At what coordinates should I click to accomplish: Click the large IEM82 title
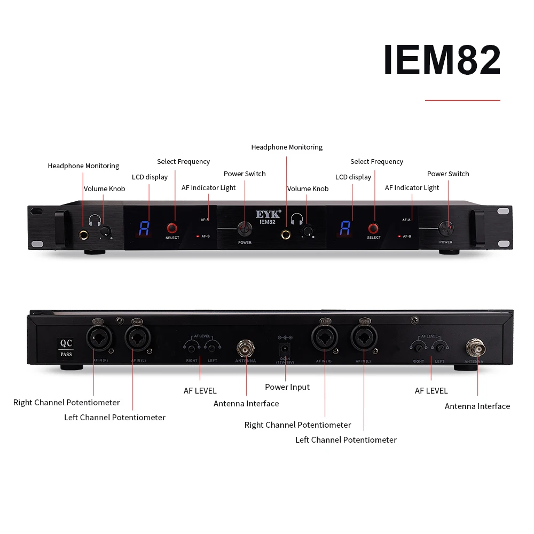(x=442, y=60)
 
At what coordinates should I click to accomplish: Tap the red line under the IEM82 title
(x=462, y=100)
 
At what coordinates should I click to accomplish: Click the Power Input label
(x=287, y=387)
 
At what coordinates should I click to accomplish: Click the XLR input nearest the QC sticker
(x=98, y=339)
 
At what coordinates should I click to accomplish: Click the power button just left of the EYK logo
(x=245, y=227)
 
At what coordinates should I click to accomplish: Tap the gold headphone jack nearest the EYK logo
(x=287, y=234)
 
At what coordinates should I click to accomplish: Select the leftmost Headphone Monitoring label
(x=83, y=166)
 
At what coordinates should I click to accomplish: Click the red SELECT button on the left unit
(x=172, y=228)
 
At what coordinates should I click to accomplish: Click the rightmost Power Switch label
(x=448, y=174)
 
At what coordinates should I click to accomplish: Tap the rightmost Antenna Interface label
(x=477, y=406)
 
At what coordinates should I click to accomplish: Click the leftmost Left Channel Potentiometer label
(x=115, y=418)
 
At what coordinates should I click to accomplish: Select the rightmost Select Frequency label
(x=376, y=162)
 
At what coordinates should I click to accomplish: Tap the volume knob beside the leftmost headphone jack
(x=106, y=231)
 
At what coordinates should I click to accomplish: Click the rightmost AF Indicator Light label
(x=412, y=188)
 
